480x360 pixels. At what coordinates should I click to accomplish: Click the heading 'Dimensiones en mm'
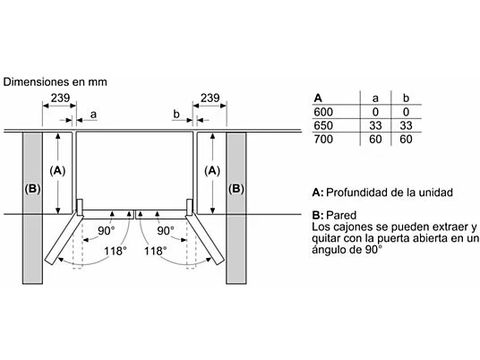pyautogui.click(x=55, y=81)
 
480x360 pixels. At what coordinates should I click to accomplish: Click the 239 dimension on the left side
pyautogui.click(x=58, y=97)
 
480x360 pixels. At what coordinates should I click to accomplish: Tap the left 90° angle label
pyautogui.click(x=106, y=230)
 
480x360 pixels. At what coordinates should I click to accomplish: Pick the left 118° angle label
pyautogui.click(x=115, y=252)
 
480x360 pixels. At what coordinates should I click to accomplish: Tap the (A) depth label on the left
pyautogui.click(x=58, y=168)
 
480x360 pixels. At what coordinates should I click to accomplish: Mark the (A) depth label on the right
pyautogui.click(x=211, y=168)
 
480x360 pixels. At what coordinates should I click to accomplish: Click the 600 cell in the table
pyautogui.click(x=323, y=113)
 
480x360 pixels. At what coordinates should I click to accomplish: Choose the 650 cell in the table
pyautogui.click(x=323, y=126)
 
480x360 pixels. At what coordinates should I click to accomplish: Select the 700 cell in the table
pyautogui.click(x=323, y=140)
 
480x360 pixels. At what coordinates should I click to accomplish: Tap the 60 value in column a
pyautogui.click(x=375, y=140)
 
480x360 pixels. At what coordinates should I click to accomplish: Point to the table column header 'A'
pyautogui.click(x=318, y=98)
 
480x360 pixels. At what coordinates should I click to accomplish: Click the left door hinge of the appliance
pyautogui.click(x=79, y=206)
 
